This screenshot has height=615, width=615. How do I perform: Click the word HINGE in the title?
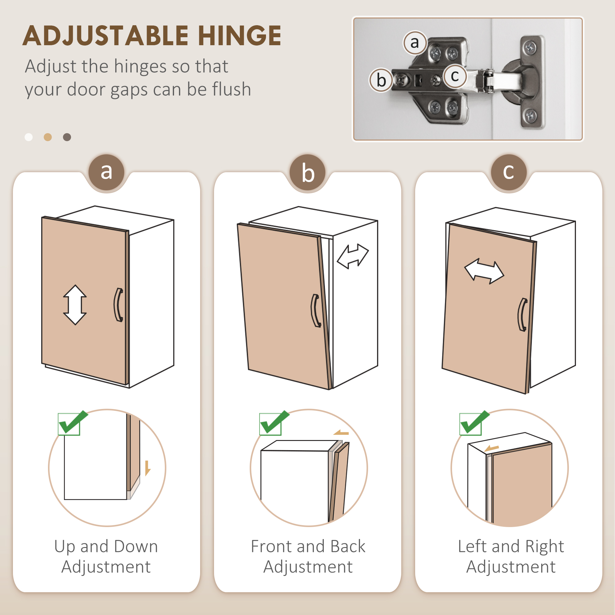pos(239,36)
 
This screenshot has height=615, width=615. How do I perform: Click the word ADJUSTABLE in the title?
pos(106,36)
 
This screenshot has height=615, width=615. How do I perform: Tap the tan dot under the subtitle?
pos(48,137)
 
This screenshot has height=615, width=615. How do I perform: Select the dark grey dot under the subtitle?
pos(67,137)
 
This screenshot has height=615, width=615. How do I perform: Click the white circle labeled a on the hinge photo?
pos(415,43)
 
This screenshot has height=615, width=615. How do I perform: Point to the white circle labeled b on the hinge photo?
pos(381,80)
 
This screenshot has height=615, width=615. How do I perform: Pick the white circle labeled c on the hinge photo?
pos(455,76)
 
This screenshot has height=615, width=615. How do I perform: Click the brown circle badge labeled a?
pos(106,172)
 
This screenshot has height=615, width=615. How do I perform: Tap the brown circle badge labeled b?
pos(307,172)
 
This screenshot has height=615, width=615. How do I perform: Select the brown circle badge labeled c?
pos(509,172)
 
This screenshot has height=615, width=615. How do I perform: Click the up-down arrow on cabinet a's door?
pos(75,305)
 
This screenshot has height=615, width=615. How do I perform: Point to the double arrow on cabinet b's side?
pos(353,256)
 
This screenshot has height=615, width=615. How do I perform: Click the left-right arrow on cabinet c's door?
pos(484,271)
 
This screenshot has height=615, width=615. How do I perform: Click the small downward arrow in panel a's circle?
pos(147,468)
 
